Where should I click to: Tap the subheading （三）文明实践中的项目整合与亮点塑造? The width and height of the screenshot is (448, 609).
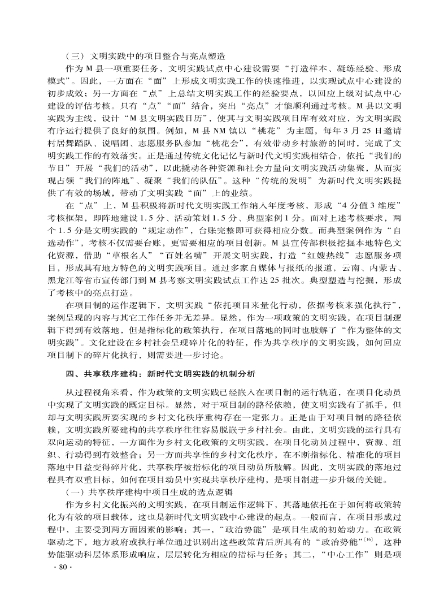pos(146,57)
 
